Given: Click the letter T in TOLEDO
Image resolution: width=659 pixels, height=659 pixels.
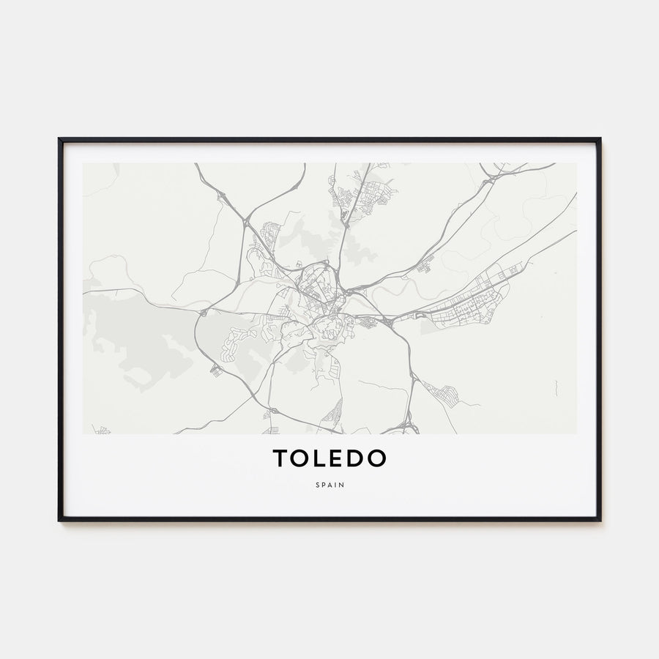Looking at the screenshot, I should point(280,458).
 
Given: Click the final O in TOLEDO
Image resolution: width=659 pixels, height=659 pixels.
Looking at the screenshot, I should point(377,458).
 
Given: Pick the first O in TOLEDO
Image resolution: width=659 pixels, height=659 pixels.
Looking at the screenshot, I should point(301,458).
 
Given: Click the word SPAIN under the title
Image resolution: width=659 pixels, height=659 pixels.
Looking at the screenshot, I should point(329,484).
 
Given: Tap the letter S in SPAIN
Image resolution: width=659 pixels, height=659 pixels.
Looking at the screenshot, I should point(319,484).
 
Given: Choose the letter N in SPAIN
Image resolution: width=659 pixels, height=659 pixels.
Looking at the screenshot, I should point(340,484).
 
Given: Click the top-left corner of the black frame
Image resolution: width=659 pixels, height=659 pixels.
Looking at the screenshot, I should point(59,138).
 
